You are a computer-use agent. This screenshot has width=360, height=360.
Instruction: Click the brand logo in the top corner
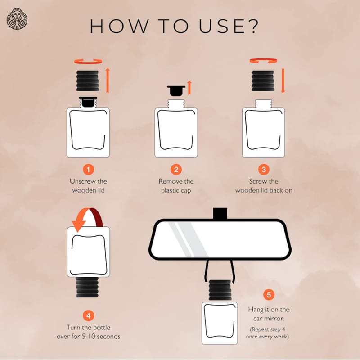coord(17,19)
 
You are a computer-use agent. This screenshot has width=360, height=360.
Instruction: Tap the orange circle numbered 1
coord(88,170)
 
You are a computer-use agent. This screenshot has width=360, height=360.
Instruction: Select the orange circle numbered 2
coord(176,170)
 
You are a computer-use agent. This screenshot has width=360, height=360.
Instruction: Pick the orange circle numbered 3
coord(264,170)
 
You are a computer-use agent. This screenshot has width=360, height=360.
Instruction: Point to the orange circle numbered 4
coord(88,316)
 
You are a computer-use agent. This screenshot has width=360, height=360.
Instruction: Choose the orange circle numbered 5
coord(269,295)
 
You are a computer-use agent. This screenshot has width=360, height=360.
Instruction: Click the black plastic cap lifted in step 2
coord(176,90)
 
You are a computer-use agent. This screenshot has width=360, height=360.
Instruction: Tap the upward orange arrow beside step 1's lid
coord(108,81)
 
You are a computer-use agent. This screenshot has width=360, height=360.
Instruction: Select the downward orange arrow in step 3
coord(283,81)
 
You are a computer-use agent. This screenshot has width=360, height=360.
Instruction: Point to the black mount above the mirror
coord(220,213)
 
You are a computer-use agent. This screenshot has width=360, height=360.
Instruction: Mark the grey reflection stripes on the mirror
coord(188,239)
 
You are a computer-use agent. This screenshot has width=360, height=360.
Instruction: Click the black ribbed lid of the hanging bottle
coord(220,290)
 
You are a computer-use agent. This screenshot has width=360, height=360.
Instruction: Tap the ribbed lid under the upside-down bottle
coord(87,287)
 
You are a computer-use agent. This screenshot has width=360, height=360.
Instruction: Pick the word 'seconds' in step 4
coord(108,337)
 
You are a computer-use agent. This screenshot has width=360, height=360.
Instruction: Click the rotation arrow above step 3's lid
coord(263,61)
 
